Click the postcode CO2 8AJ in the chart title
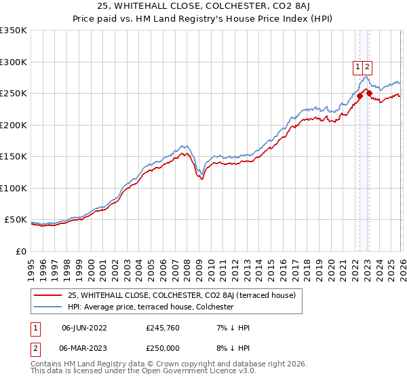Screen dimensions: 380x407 280,7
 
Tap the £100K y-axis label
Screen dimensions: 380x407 14,189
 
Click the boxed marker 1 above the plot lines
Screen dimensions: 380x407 357,66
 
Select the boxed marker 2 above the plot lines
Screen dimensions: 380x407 367,66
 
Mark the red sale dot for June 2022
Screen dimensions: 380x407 360,96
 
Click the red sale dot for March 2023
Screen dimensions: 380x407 369,94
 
